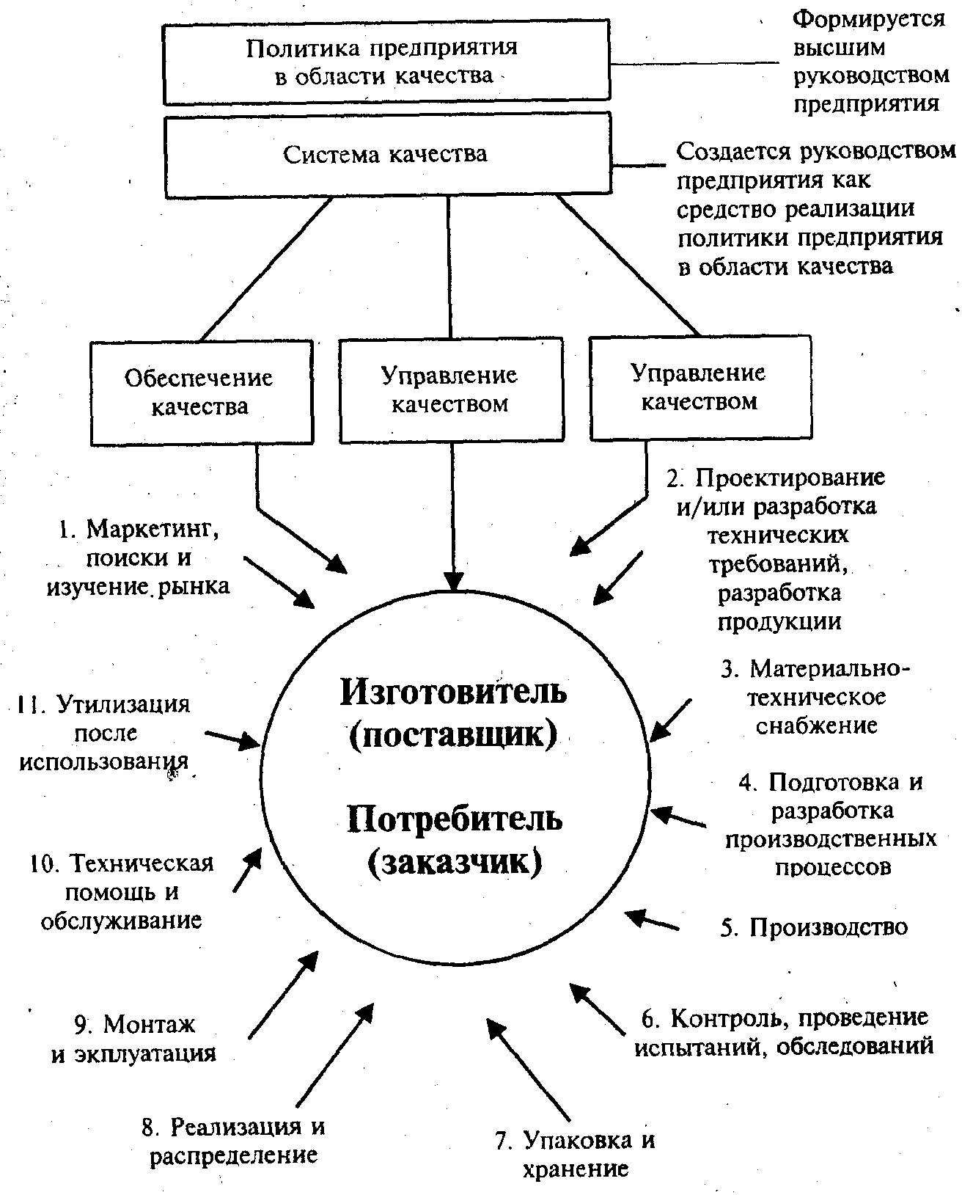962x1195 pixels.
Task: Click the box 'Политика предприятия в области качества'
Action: click(386, 62)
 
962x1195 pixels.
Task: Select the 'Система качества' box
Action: click(386, 154)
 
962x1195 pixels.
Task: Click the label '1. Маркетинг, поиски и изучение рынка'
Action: click(139, 558)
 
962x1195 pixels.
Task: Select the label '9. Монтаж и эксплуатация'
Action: click(135, 1039)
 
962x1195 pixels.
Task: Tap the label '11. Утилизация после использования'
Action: click(104, 733)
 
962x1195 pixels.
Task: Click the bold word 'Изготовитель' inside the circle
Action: click(453, 691)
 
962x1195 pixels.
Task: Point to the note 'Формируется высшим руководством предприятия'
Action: click(869, 62)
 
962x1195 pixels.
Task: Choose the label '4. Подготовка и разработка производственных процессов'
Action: click(831, 824)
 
